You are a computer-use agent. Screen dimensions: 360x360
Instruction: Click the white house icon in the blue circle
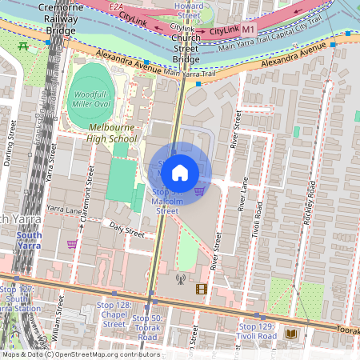(180, 172)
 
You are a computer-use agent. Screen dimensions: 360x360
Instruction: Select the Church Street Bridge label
(186, 48)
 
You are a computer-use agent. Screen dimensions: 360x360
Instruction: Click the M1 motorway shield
(248, 29)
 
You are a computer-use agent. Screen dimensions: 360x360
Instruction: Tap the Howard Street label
(189, 10)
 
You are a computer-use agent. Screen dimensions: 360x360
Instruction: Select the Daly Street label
(127, 231)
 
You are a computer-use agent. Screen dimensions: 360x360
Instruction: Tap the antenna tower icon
(180, 280)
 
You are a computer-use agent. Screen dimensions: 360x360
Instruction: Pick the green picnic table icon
(23, 46)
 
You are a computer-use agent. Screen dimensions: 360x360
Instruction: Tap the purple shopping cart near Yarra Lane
(72, 244)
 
